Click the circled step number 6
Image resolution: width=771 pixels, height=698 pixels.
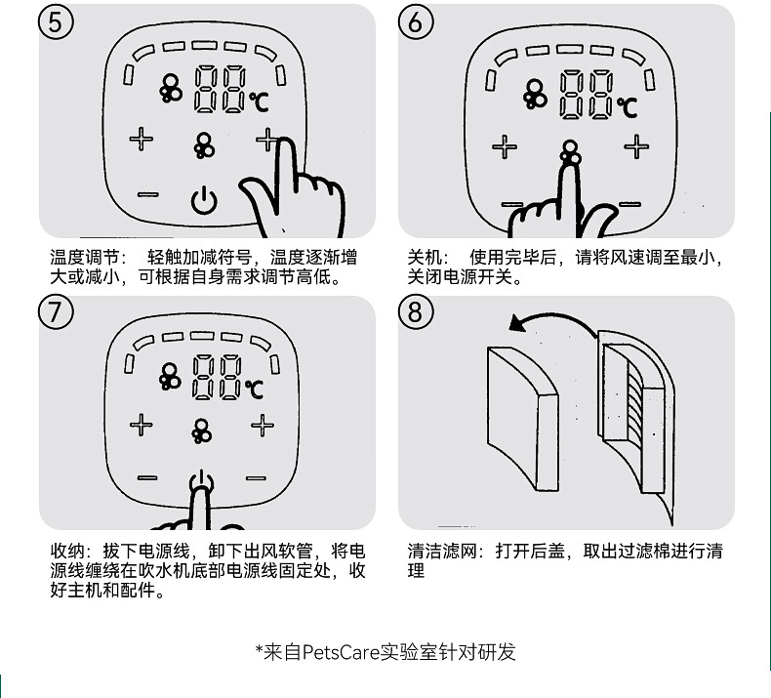(x=416, y=22)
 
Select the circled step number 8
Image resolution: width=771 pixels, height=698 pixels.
(x=416, y=312)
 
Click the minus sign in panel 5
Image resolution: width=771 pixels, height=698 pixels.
(x=147, y=194)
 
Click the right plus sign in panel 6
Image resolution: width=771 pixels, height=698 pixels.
(x=636, y=146)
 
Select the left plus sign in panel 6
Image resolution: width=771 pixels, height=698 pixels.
(x=504, y=147)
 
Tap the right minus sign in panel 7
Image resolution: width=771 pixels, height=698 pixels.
(x=256, y=478)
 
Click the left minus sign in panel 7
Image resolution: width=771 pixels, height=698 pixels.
(x=146, y=478)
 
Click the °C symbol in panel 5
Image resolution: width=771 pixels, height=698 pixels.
(x=258, y=100)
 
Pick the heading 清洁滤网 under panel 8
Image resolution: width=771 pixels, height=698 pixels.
(x=440, y=552)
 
